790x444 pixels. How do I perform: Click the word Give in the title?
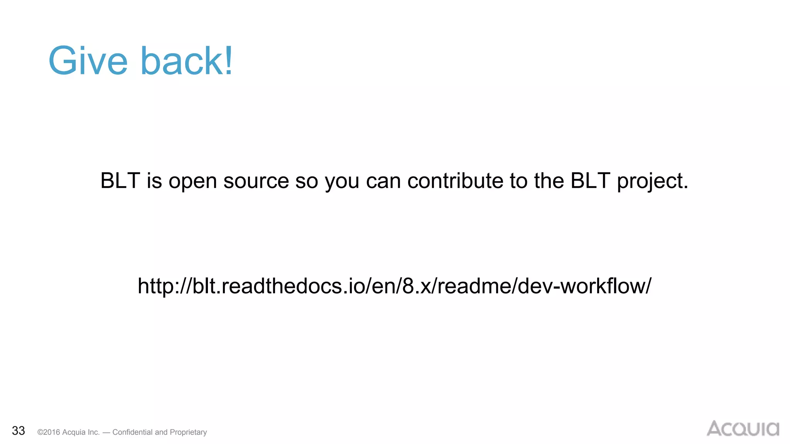tap(88, 61)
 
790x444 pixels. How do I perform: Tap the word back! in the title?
tap(187, 61)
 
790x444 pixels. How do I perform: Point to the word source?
tap(256, 181)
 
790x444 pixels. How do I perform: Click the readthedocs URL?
tap(394, 286)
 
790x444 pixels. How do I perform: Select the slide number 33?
tap(19, 431)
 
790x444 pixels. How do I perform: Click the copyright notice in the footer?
tap(122, 432)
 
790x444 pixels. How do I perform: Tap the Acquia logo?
tap(743, 429)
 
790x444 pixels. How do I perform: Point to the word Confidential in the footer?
tap(132, 432)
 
